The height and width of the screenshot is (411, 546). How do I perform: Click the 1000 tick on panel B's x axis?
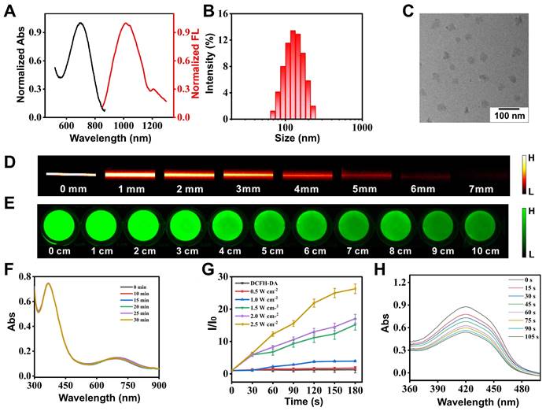tap(361, 126)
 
